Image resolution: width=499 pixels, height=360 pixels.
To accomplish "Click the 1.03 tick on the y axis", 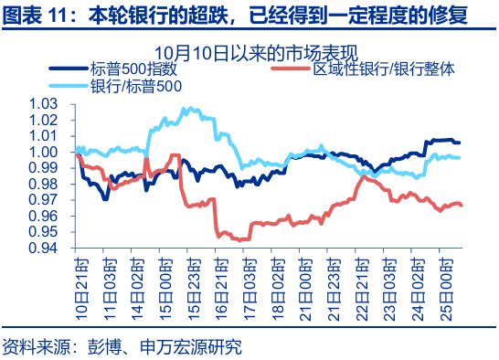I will pyautogui.click(x=44, y=104).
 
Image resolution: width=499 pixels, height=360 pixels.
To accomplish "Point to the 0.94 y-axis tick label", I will pyautogui.click(x=44, y=248).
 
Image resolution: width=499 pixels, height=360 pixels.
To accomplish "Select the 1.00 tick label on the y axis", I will pyautogui.click(x=44, y=152).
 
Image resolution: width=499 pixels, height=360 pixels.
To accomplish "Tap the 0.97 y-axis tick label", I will pyautogui.click(x=44, y=200).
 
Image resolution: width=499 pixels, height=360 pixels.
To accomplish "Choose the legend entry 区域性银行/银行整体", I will pyautogui.click(x=384, y=69).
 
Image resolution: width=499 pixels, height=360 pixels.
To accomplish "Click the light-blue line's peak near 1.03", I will pyautogui.click(x=187, y=108).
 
